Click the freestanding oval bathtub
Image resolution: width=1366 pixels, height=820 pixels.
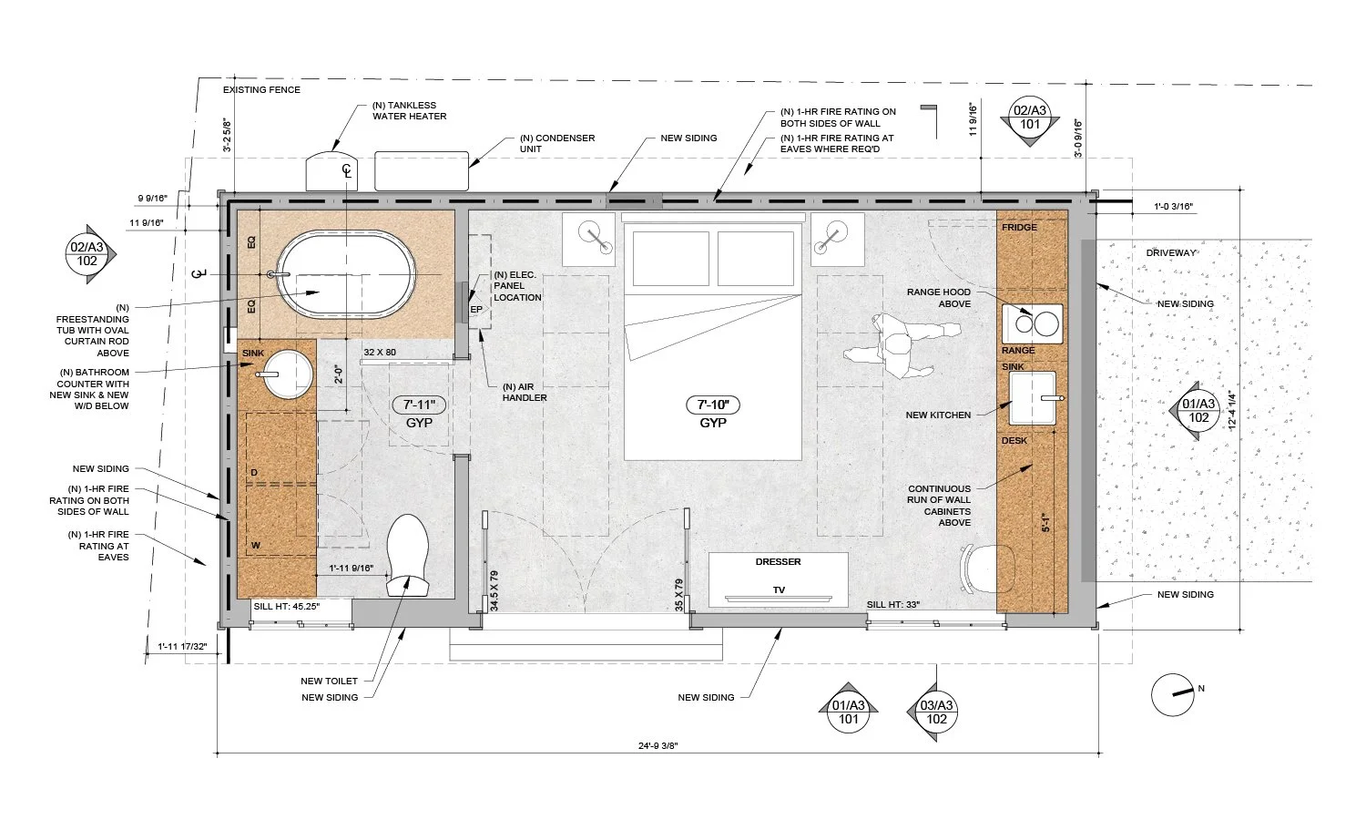pos(346,274)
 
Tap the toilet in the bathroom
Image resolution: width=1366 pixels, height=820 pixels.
pos(407,555)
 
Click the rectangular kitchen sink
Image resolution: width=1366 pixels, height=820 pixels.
pos(1033,398)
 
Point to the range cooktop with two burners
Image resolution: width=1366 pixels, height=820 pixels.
pos(1032,323)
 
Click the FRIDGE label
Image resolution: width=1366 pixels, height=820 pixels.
pos(1019,228)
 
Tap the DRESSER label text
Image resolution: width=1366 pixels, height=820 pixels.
pos(778,562)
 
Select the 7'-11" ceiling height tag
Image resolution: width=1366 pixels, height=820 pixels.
pos(419,405)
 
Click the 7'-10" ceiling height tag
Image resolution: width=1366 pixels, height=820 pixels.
pos(713,405)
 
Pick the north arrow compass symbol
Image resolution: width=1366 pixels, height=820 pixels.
pos(1172,694)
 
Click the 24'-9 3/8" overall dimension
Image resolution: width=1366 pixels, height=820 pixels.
pos(658,745)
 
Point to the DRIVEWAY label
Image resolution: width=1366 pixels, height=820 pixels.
pos(1171,252)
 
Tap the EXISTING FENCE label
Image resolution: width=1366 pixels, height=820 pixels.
pos(261,89)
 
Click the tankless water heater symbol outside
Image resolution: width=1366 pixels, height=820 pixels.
pos(331,171)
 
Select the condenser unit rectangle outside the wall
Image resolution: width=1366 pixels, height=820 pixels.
pos(422,171)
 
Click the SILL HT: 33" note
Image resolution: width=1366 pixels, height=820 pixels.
pos(892,605)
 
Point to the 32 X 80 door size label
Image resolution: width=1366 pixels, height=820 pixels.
pos(380,352)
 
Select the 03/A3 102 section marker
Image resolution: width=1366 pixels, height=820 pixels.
pos(936,712)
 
